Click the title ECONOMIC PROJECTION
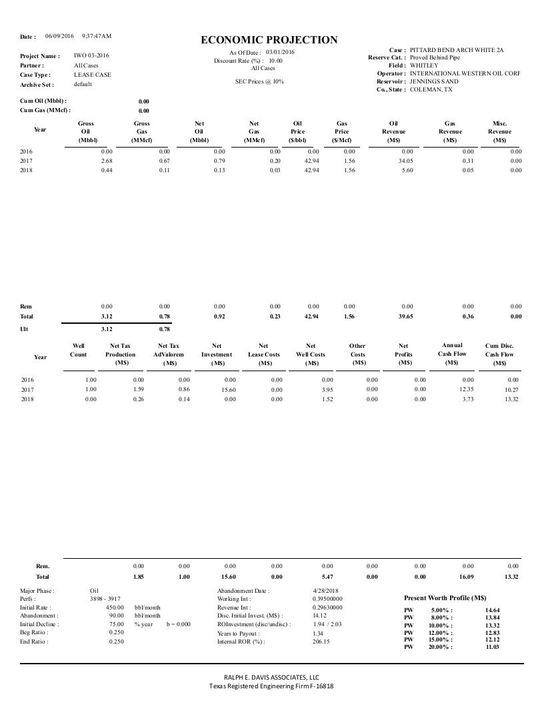click(x=269, y=40)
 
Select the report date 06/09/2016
click(x=59, y=35)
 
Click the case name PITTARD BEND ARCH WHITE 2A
click(x=457, y=50)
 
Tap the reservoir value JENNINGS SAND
click(x=434, y=81)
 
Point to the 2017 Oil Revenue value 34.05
click(x=405, y=161)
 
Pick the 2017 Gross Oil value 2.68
click(x=105, y=161)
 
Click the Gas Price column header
click(x=342, y=132)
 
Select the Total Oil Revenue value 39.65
click(x=405, y=316)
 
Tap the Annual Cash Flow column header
click(x=452, y=354)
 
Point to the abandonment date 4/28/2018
click(x=326, y=591)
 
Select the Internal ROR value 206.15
click(x=321, y=642)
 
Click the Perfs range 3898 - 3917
click(x=105, y=600)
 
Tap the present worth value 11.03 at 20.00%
click(x=492, y=647)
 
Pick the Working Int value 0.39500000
click(x=327, y=600)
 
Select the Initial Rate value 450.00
click(x=115, y=608)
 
